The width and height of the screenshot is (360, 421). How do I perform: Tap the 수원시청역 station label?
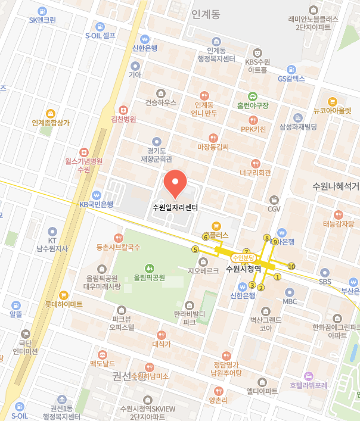[244, 269]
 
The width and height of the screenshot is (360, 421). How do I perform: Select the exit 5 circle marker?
[195, 250]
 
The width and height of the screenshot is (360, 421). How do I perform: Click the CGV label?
[274, 209]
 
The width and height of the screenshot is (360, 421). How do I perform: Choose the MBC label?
[290, 301]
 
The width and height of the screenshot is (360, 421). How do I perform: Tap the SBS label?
[325, 281]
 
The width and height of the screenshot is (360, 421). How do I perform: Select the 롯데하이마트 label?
[64, 304]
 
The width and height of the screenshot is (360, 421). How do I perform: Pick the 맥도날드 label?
[101, 363]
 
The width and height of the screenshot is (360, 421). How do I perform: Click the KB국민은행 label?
[97, 204]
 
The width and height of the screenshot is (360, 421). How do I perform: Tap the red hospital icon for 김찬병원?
[123, 110]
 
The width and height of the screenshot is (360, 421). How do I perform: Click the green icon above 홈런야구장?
[253, 95]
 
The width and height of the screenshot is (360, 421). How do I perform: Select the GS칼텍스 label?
[291, 79]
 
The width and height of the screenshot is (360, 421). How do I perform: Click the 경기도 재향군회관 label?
[156, 155]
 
